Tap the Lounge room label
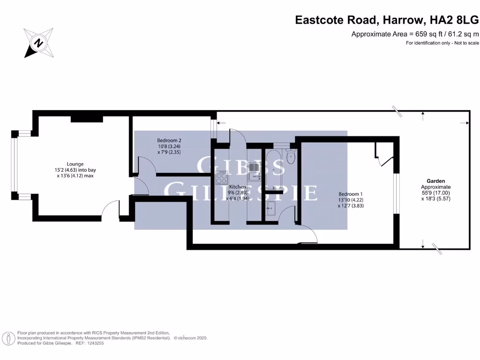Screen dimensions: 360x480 click(75, 164)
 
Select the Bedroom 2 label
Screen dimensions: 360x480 click(169, 141)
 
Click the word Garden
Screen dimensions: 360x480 click(435, 180)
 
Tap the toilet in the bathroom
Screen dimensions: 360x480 click(291, 157)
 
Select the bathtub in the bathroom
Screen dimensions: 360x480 click(273, 169)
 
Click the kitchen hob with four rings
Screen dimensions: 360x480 click(221, 178)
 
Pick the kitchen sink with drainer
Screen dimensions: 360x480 click(254, 171)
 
